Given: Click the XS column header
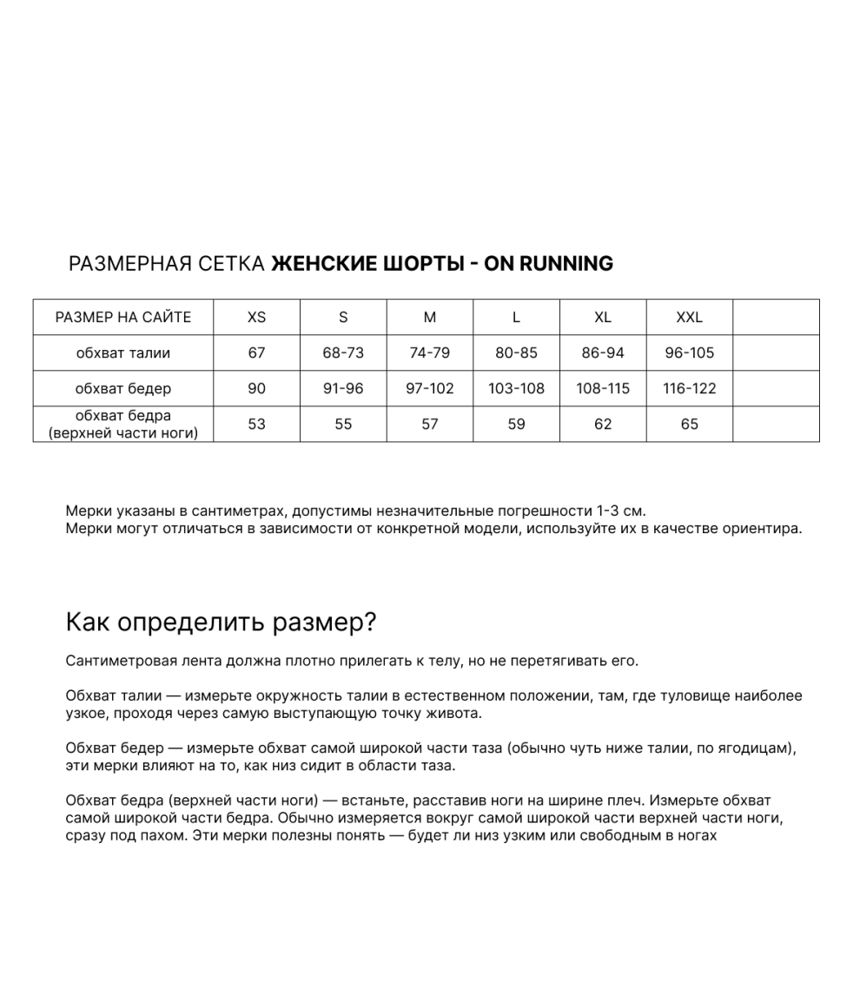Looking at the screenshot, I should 256,318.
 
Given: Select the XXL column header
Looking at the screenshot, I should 689,318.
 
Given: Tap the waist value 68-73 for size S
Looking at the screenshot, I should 343,353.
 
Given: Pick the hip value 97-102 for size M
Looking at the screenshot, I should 430,389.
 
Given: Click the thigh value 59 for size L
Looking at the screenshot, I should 516,425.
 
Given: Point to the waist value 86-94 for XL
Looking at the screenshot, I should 603,353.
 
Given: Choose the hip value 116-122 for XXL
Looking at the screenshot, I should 689,389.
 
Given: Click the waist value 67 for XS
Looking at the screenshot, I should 256,353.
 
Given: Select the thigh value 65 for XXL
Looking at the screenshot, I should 689,425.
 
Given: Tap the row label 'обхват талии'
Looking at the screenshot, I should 123,353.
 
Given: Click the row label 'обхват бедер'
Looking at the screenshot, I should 123,389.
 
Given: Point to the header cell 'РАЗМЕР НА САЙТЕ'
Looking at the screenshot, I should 123,318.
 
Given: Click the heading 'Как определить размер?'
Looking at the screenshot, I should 221,623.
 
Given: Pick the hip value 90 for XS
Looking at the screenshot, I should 256,389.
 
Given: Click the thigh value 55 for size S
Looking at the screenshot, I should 343,425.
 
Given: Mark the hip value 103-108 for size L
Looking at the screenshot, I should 516,389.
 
